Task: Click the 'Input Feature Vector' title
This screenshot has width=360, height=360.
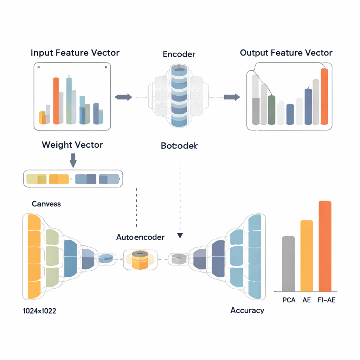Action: click(x=75, y=53)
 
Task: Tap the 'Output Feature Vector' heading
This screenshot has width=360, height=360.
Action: click(x=286, y=53)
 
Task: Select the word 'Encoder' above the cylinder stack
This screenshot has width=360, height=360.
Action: click(x=179, y=54)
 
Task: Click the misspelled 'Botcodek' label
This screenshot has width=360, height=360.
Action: click(x=179, y=145)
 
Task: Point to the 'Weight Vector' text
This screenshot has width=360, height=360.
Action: click(x=72, y=145)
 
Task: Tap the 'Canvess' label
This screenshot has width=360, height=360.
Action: click(x=46, y=204)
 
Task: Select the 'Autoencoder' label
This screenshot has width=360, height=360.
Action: click(x=140, y=237)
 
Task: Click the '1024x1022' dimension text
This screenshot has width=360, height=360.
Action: click(x=39, y=311)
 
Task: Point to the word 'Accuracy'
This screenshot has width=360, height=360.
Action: click(x=247, y=310)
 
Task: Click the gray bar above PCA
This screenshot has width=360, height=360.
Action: click(x=288, y=264)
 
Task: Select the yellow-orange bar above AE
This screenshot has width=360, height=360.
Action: click(x=307, y=256)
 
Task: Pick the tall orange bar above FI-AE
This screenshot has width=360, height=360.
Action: click(x=325, y=246)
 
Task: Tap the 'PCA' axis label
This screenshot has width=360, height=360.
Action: click(x=289, y=301)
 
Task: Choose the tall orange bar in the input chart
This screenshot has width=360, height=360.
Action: click(x=56, y=101)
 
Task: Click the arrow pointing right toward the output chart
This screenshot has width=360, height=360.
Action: click(x=232, y=97)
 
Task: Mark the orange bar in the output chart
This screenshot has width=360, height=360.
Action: click(x=324, y=96)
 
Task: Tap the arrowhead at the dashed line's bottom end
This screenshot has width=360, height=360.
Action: click(x=180, y=236)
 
